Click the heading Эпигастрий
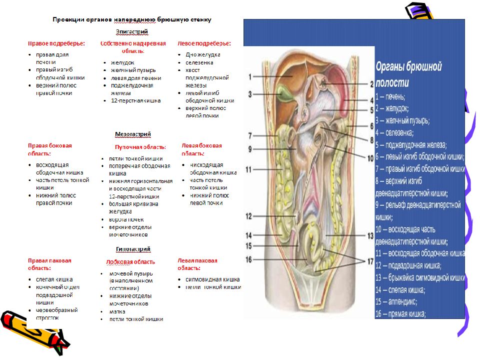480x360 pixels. pos(132,32)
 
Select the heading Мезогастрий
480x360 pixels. pos(132,134)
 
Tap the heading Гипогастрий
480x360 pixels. pos(133,248)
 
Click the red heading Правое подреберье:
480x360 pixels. pos(56,43)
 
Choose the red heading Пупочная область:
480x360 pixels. pos(140,147)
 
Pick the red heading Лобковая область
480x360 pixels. pos(130,261)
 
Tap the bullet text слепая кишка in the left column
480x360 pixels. pos(54,279)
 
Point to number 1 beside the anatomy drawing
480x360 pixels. pos(250,77)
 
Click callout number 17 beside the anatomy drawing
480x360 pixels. pos(370,261)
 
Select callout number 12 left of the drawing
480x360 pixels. pos(249,216)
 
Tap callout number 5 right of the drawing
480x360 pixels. pos(372,110)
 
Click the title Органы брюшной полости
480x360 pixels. pos(408,73)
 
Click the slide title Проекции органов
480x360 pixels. pos(132,19)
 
